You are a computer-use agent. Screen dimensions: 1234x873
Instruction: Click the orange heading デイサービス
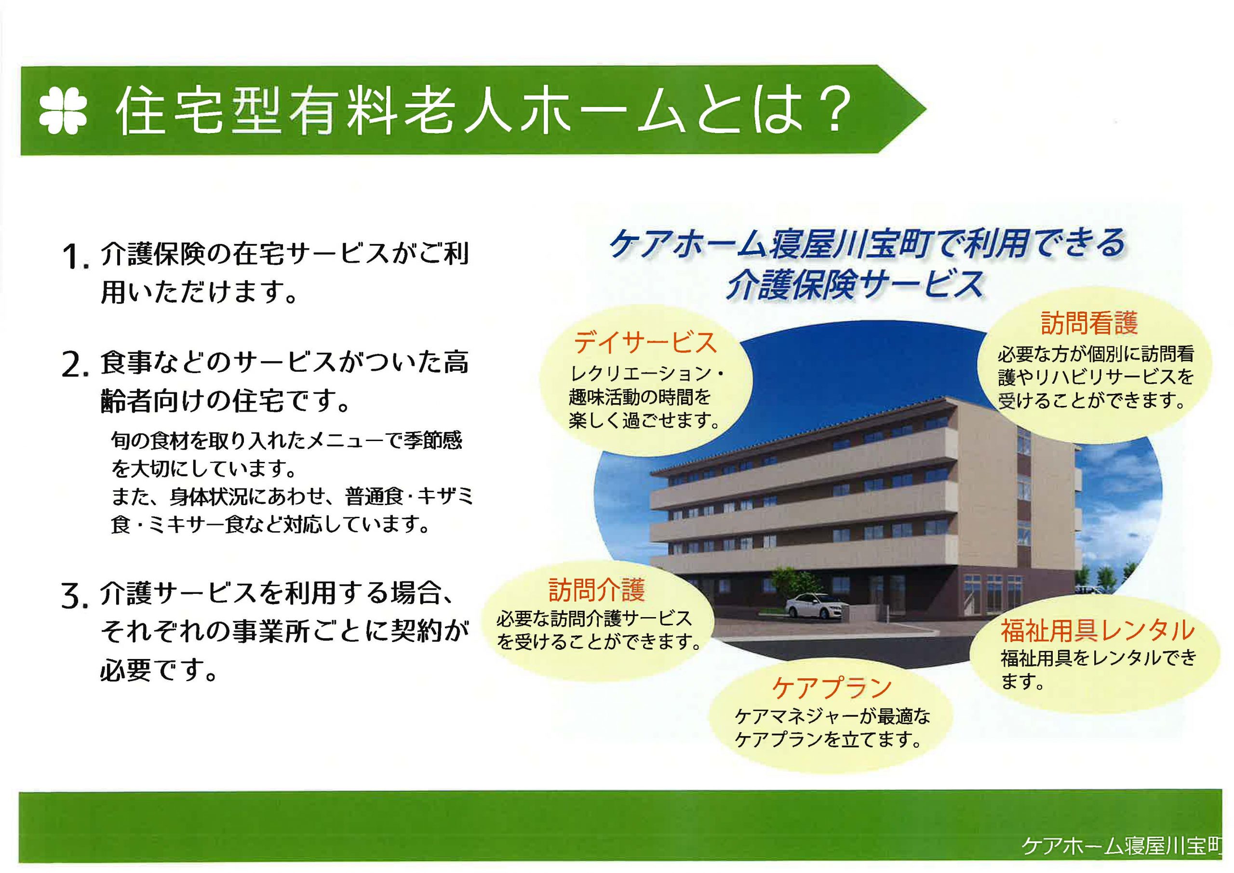[x=645, y=342]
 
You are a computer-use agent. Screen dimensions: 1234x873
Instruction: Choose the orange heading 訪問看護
[x=1089, y=323]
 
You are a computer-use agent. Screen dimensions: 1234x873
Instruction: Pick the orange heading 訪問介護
[x=597, y=590]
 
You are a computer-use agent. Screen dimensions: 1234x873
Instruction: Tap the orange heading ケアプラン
[x=832, y=687]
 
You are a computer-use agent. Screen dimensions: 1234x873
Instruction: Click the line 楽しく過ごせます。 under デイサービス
[x=645, y=420]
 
